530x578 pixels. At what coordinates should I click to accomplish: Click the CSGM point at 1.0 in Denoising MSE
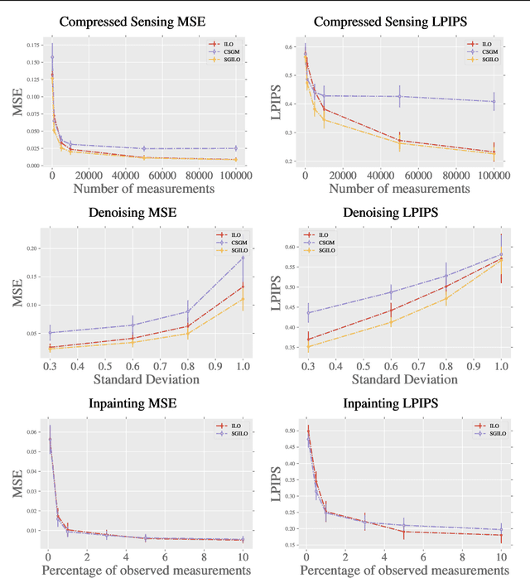pyautogui.click(x=243, y=258)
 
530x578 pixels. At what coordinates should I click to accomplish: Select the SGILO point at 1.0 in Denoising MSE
pyautogui.click(x=243, y=298)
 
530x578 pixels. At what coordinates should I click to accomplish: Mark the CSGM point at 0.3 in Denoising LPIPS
pyautogui.click(x=308, y=312)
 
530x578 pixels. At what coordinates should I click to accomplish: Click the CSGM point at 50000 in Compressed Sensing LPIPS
pyautogui.click(x=400, y=96)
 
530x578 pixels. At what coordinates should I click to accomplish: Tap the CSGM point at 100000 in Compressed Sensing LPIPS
pyautogui.click(x=494, y=102)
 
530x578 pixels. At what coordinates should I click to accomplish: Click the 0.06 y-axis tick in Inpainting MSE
pyautogui.click(x=32, y=432)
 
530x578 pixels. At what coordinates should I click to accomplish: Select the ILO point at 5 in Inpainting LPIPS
pyautogui.click(x=404, y=531)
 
